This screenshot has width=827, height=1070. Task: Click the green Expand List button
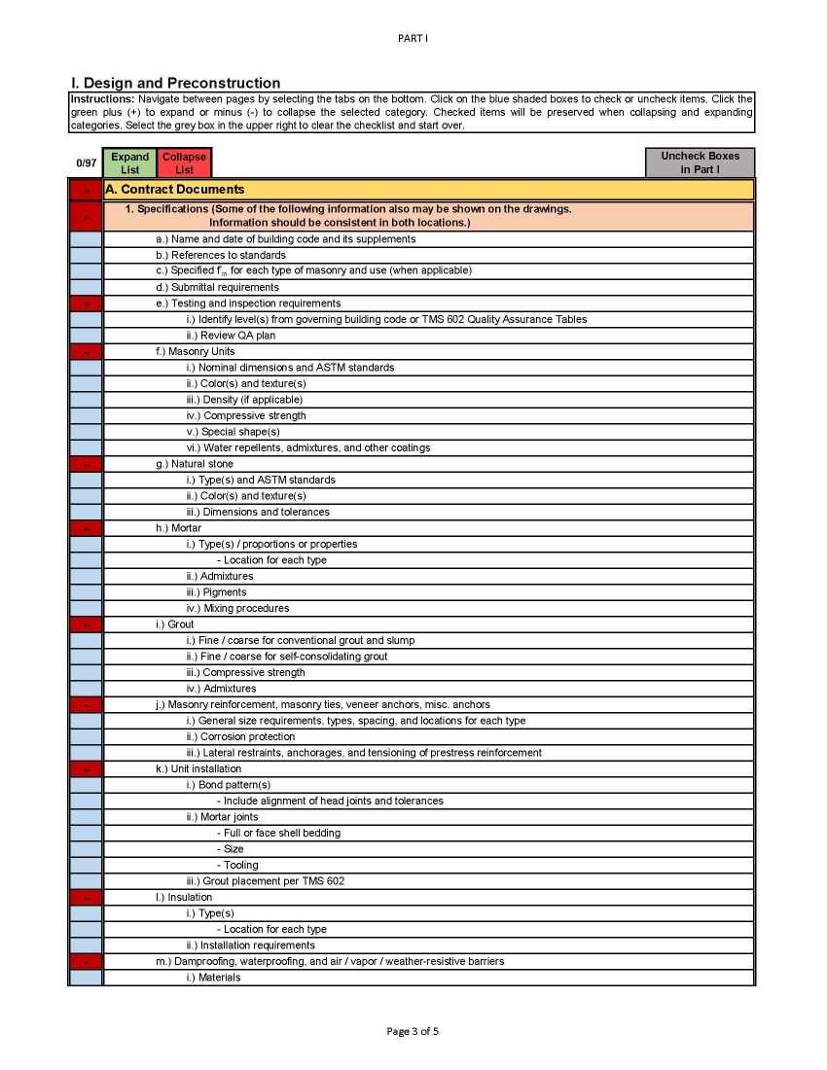(129, 162)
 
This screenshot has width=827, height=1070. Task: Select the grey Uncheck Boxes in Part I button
(700, 162)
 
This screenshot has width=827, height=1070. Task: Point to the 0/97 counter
(86, 163)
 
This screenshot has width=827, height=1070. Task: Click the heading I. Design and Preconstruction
(175, 84)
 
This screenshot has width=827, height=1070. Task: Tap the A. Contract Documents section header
(175, 190)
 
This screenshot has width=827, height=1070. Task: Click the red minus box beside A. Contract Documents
(86, 190)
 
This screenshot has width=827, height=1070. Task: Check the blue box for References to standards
(86, 255)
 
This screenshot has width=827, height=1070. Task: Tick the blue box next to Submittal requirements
(86, 287)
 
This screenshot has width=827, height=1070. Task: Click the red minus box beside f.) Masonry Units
(86, 351)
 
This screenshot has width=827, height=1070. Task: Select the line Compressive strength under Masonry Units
(254, 415)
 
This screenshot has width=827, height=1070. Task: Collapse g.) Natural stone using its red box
(86, 464)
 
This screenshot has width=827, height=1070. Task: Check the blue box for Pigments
(86, 592)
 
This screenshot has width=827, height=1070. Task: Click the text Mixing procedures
(246, 608)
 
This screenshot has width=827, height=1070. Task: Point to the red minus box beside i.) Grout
(86, 624)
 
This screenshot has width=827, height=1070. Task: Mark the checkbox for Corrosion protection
(86, 736)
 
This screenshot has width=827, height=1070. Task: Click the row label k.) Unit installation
(198, 768)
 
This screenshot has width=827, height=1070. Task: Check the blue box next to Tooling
(86, 865)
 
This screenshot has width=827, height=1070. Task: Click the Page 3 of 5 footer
(413, 1031)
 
